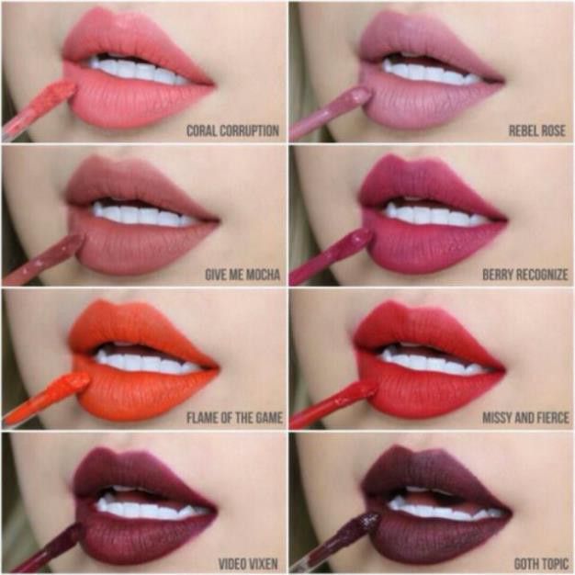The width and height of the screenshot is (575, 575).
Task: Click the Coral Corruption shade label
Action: [233, 131]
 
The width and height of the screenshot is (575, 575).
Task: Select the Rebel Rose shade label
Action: [536, 131]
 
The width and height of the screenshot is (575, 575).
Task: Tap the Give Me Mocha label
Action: [242, 275]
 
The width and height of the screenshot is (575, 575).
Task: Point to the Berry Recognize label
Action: [525, 275]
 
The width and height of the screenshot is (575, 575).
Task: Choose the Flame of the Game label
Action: [234, 418]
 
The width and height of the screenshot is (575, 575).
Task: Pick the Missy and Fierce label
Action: [525, 418]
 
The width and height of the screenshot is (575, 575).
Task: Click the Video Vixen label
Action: [248, 564]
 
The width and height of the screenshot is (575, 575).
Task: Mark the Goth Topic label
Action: [541, 564]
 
